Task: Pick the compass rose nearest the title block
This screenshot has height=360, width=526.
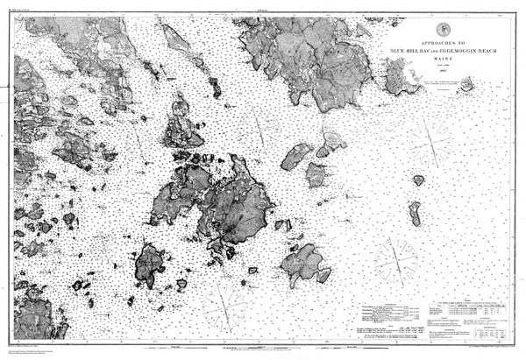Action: [430, 140]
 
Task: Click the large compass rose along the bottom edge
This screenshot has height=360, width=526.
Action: [224, 307]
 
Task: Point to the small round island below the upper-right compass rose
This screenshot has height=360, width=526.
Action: [419, 180]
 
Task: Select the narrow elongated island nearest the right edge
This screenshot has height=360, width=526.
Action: [415, 213]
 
